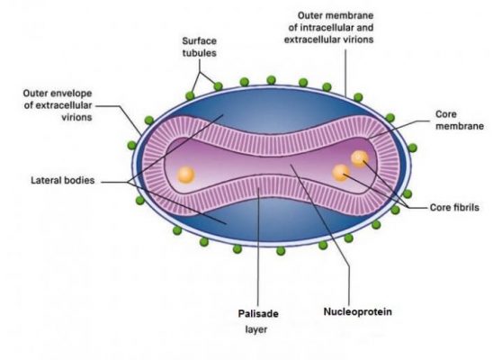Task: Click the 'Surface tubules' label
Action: click(x=199, y=47)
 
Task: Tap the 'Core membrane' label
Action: click(x=460, y=120)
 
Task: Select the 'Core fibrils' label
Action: click(x=454, y=208)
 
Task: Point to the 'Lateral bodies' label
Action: click(x=63, y=180)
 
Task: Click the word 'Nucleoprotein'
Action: click(x=358, y=311)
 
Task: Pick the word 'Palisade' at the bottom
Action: click(x=258, y=313)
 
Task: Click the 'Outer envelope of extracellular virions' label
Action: click(x=58, y=105)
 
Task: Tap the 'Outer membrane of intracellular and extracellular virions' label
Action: click(x=328, y=28)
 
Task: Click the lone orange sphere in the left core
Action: click(x=185, y=175)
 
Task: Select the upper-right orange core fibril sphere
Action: click(x=359, y=158)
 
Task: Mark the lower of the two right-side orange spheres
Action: click(x=341, y=173)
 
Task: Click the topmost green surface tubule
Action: click(x=271, y=80)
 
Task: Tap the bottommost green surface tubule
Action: click(x=281, y=251)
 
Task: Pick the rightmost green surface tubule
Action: click(x=413, y=148)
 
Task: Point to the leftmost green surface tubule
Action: click(x=131, y=146)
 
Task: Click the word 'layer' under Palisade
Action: click(x=256, y=329)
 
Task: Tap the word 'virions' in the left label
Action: click(x=76, y=117)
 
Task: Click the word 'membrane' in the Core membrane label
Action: click(x=460, y=126)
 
